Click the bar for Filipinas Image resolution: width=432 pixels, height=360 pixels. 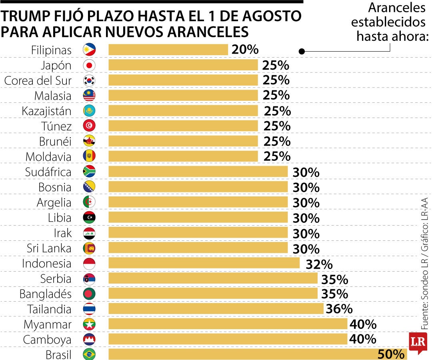[x=168, y=50]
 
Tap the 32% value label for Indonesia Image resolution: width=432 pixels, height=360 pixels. [x=319, y=264]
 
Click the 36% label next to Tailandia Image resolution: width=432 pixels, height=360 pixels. [x=339, y=309]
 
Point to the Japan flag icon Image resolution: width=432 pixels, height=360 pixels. [x=89, y=65]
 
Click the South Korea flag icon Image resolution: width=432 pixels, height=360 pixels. [x=89, y=80]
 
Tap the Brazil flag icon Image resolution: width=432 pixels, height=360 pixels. [x=89, y=354]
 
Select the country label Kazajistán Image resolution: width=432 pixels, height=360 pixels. [x=47, y=111]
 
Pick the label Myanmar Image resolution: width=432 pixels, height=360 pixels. [x=48, y=324]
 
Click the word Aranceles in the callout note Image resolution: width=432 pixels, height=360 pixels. [x=397, y=7]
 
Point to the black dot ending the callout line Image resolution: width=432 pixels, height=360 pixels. [x=302, y=51]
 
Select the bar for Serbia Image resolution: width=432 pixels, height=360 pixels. [x=213, y=278]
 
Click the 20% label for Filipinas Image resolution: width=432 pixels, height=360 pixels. [x=245, y=50]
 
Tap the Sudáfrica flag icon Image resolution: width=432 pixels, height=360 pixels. [x=89, y=172]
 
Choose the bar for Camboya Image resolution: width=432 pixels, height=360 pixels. [x=228, y=339]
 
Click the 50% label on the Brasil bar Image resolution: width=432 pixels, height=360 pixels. [x=391, y=354]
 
